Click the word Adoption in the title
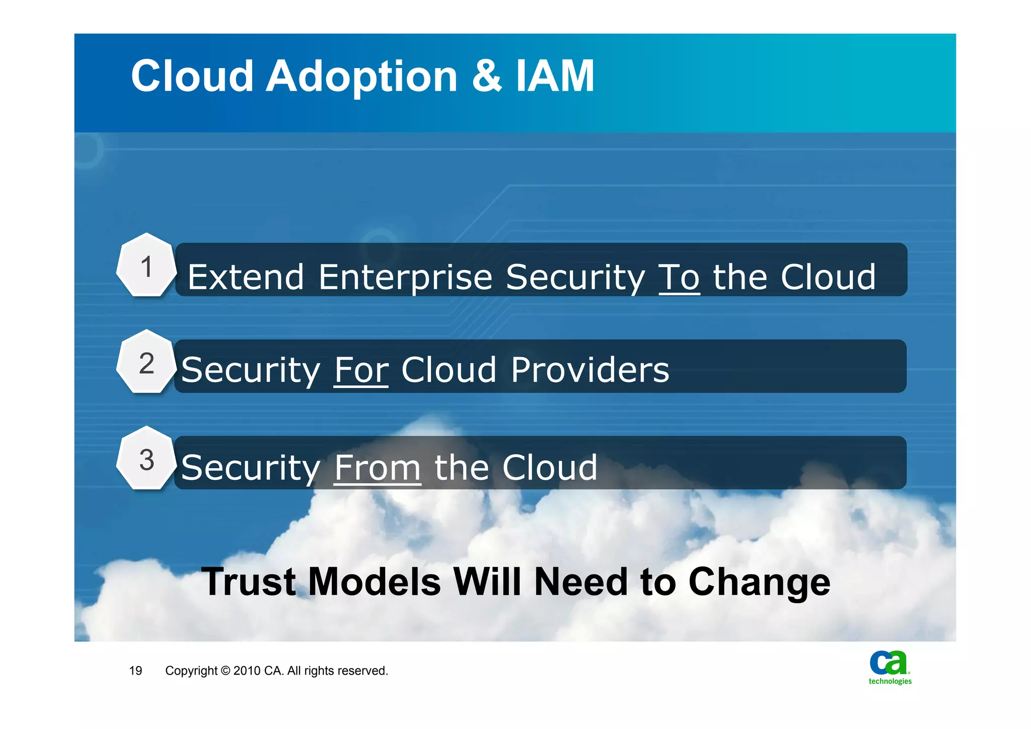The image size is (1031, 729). [361, 77]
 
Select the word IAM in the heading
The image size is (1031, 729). [555, 77]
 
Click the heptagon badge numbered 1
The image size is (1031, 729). [146, 266]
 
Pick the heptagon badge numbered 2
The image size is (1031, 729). [146, 363]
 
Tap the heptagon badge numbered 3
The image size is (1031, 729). [146, 459]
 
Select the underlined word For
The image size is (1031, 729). [361, 370]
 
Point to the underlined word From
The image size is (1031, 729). [377, 468]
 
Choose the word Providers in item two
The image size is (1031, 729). [590, 370]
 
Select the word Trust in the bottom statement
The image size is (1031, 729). [249, 582]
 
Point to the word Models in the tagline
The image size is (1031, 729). [374, 582]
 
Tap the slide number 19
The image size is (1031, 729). [135, 671]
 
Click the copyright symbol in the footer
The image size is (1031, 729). [225, 671]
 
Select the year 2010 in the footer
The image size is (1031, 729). [247, 671]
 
